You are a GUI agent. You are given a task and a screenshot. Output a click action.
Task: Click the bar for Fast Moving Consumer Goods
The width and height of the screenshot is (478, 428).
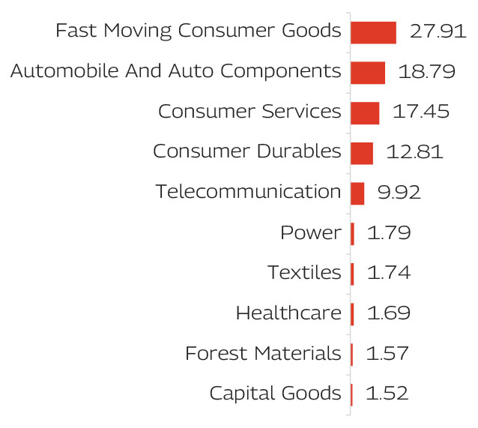coord(373,32)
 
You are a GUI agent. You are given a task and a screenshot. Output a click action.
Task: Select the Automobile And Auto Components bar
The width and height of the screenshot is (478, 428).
coord(368,73)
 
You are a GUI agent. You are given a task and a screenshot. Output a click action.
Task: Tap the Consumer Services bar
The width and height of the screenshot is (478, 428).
coord(365,113)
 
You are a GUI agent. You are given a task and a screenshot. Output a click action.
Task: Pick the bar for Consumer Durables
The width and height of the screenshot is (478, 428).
coord(362,153)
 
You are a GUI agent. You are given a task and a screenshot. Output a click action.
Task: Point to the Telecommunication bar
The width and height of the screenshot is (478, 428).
coord(357,193)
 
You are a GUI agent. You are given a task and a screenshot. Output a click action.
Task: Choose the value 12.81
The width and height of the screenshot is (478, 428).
coord(414,152)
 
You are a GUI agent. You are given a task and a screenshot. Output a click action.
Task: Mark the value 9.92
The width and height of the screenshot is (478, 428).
coord(399,193)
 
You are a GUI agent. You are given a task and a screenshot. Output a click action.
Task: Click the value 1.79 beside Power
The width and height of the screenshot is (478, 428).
coord(389,233)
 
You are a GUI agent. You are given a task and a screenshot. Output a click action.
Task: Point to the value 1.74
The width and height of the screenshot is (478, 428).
coord(388,273)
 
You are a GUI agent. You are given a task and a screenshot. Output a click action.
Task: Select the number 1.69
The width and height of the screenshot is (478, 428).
coord(388,313)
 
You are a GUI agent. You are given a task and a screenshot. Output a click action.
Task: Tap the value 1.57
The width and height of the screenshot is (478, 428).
coord(387,353)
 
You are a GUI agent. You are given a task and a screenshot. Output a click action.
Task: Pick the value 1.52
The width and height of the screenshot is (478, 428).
coord(387,394)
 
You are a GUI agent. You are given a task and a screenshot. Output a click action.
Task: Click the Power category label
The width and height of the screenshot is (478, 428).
coord(310,233)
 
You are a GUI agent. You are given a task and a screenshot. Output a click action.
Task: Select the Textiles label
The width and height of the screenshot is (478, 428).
coord(304,273)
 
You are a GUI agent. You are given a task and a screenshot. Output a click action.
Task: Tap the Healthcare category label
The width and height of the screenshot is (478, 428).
coord(288,313)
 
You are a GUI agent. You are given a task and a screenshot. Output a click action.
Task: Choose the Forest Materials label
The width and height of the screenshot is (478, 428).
coord(263,353)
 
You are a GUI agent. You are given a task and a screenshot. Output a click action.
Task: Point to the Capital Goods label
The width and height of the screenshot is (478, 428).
coord(275,394)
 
